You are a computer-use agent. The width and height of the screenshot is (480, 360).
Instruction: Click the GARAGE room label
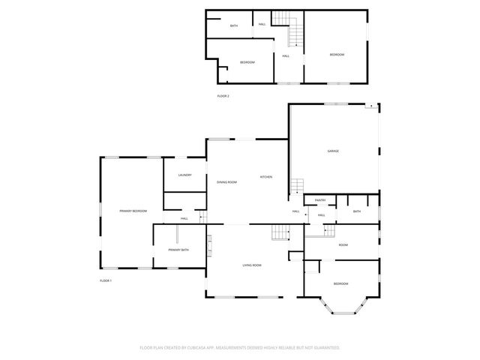[x=333, y=151]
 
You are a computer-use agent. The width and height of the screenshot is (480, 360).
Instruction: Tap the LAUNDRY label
[x=185, y=175]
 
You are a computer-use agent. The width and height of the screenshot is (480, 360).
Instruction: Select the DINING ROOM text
[x=226, y=182]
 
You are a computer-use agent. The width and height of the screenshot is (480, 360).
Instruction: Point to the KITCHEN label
[x=266, y=176]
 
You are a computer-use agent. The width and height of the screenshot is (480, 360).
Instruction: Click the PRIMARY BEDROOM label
[x=133, y=211]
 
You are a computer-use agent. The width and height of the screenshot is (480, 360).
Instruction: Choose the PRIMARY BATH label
[x=178, y=249]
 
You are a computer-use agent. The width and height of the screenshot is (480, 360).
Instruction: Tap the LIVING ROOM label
[x=251, y=265]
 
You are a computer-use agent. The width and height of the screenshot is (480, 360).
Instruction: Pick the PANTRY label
[x=320, y=200]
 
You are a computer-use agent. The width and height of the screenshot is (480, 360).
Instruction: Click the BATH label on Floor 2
[x=234, y=26]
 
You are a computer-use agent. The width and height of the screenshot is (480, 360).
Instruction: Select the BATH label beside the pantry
[x=357, y=211]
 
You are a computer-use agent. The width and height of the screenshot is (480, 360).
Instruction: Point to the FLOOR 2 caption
[x=223, y=96]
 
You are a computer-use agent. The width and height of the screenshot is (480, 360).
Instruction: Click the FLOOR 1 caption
[x=106, y=280]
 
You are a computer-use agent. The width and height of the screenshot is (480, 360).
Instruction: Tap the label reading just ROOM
[x=343, y=244]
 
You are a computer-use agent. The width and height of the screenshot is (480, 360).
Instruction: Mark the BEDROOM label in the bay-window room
[x=340, y=283]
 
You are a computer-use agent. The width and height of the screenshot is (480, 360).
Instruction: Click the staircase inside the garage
[x=297, y=184]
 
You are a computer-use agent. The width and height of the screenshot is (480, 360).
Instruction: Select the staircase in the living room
[x=280, y=234]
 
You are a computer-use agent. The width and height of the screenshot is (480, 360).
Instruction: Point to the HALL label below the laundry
[x=184, y=218]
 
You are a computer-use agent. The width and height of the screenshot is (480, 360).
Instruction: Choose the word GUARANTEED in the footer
[x=324, y=347]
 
